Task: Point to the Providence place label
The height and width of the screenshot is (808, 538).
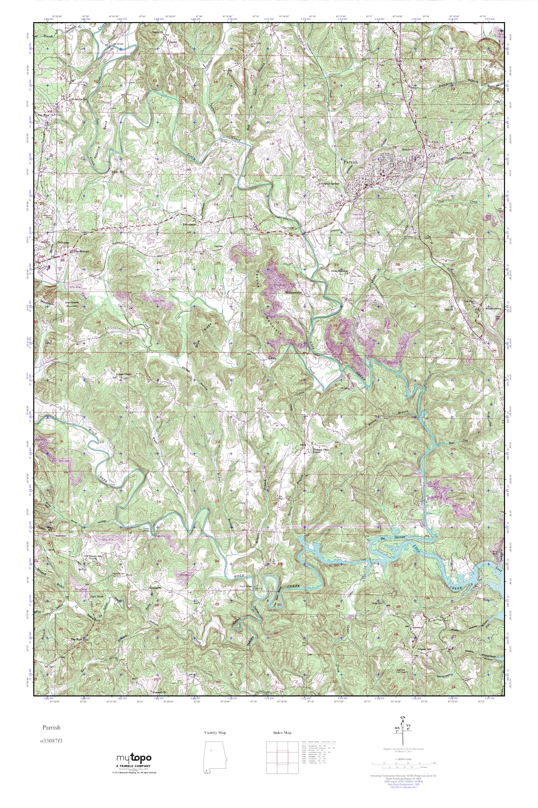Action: (x=191, y=224)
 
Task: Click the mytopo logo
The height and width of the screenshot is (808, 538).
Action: (x=134, y=757)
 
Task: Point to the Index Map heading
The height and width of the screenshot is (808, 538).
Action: (x=282, y=731)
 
